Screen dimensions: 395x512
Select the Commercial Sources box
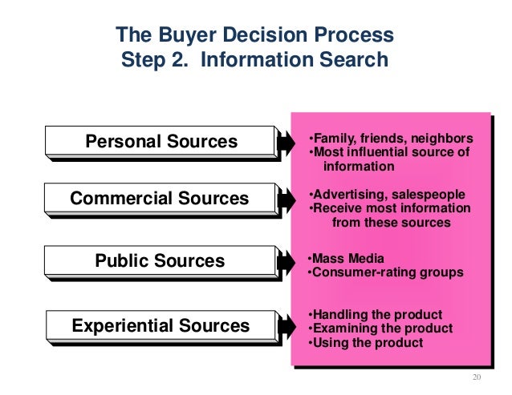pyautogui.click(x=161, y=198)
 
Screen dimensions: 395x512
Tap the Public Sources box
pyautogui.click(x=161, y=261)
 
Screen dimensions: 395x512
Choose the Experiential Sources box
pyautogui.click(x=161, y=326)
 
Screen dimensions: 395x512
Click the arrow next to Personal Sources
pyautogui.click(x=287, y=143)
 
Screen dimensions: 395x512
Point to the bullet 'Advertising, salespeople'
pyautogui.click(x=386, y=194)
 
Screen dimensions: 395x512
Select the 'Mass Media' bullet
pyautogui.click(x=346, y=258)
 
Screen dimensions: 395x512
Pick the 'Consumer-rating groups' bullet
pyautogui.click(x=385, y=272)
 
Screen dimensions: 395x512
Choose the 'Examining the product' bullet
pyautogui.click(x=380, y=328)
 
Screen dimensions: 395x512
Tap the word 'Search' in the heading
pyautogui.click(x=354, y=60)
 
